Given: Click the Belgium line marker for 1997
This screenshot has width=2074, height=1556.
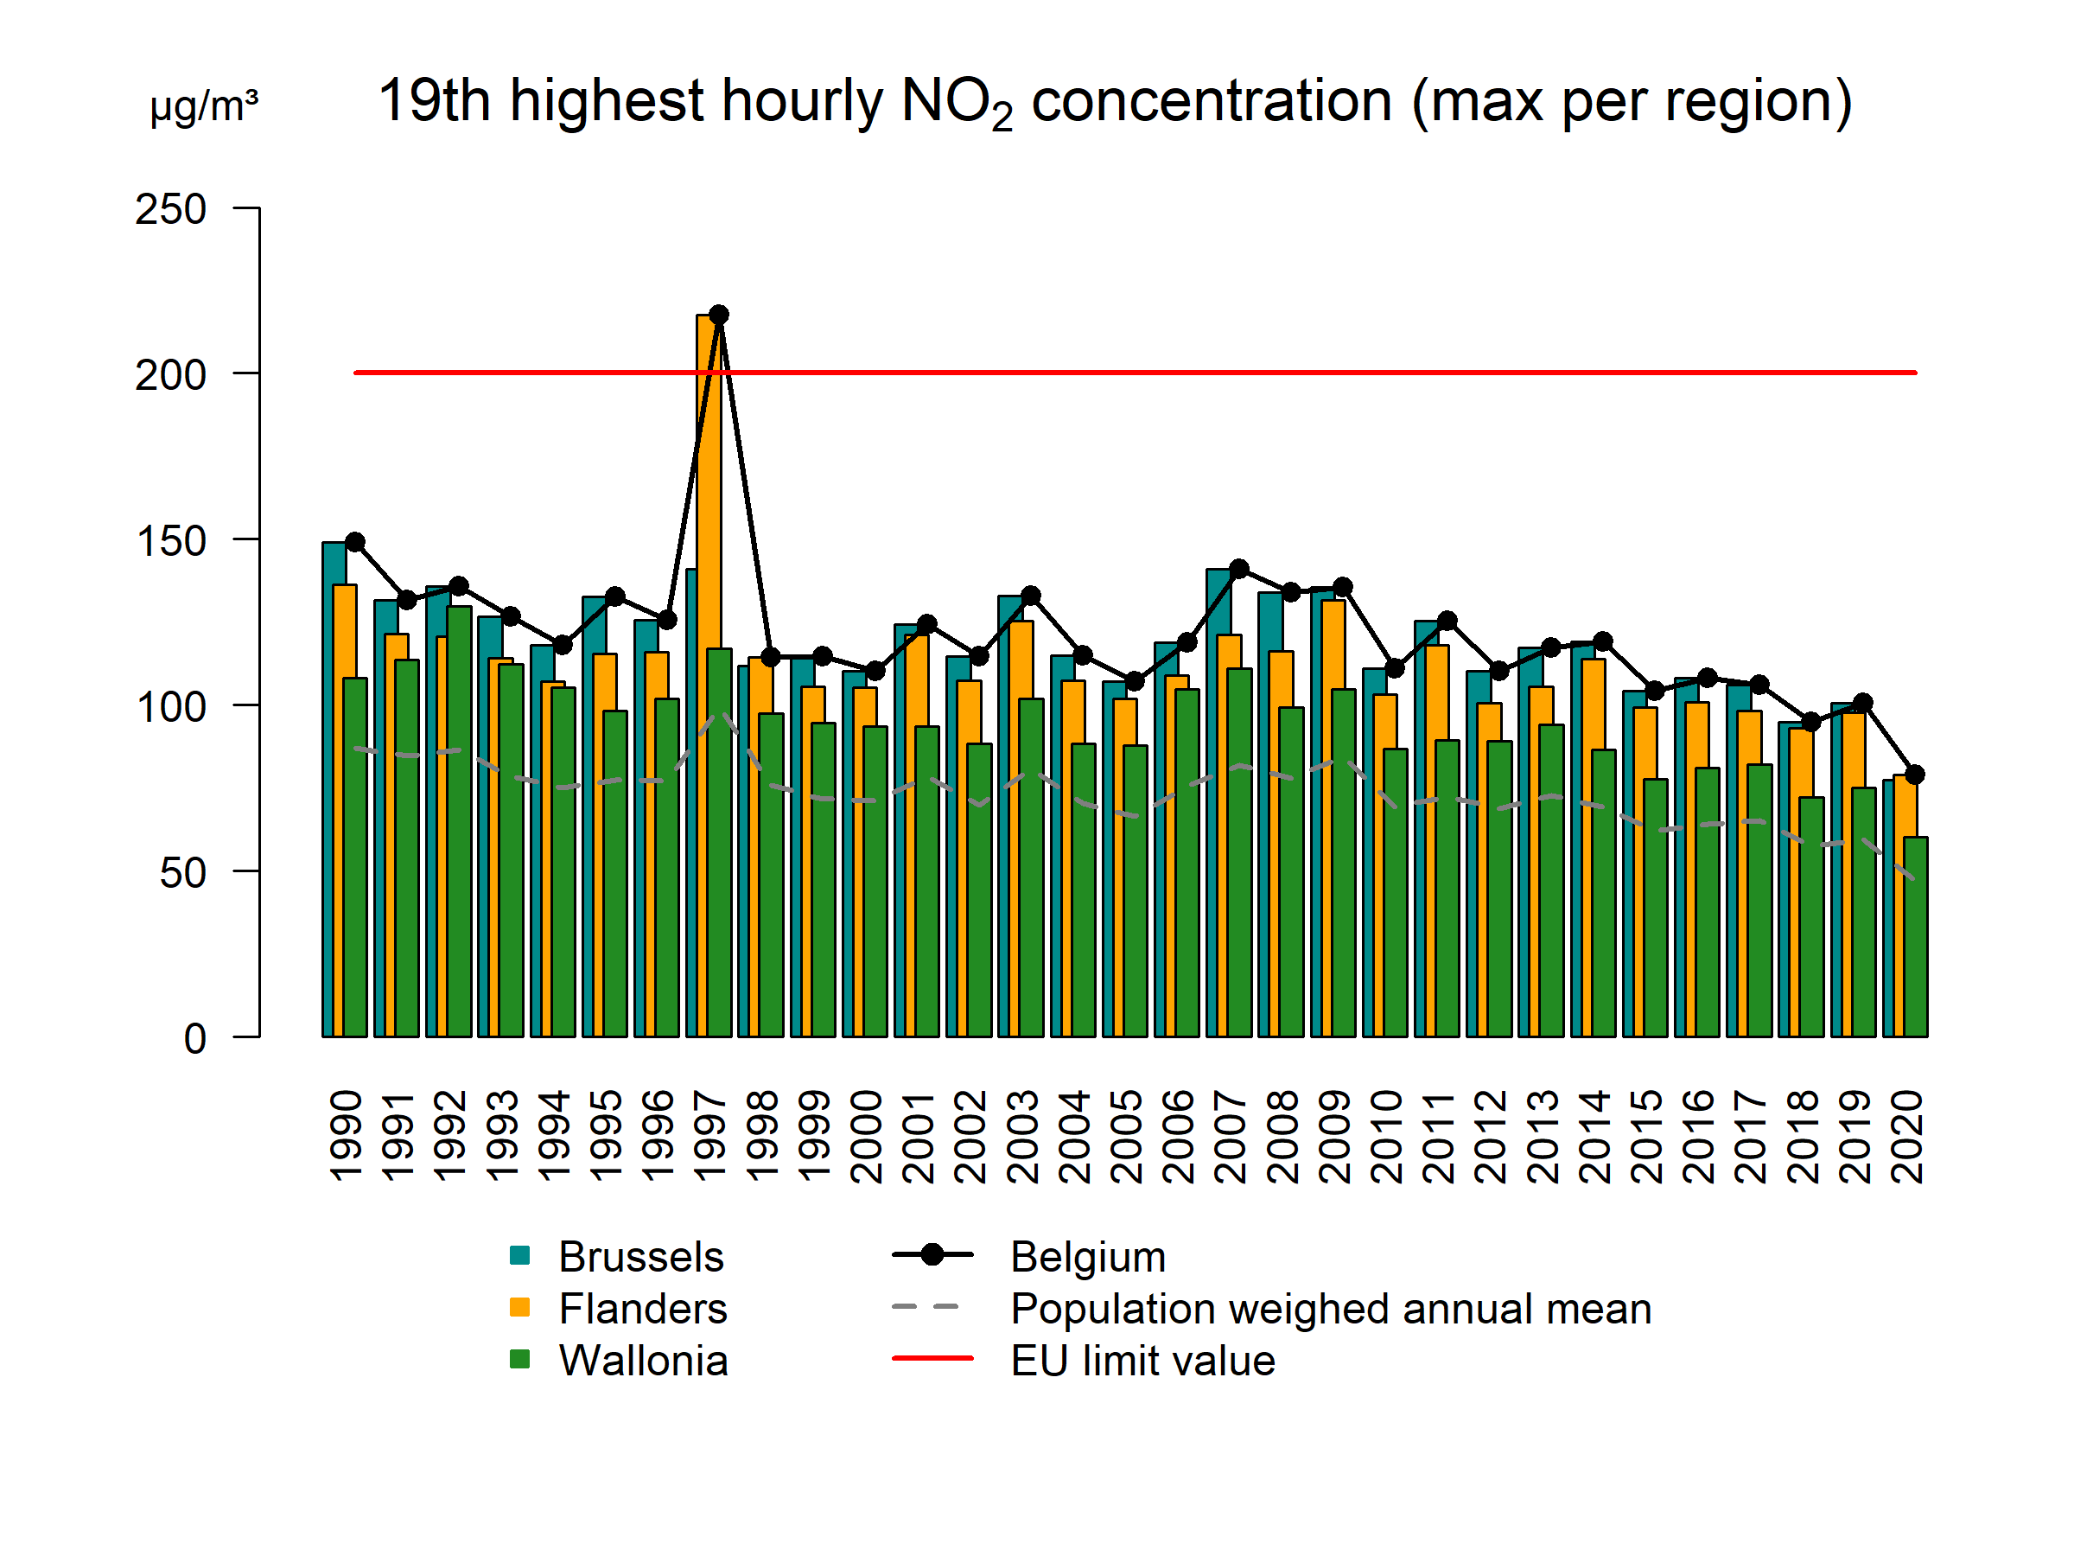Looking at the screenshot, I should coord(719,314).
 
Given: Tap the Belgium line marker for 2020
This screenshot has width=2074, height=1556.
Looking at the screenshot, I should coord(1916,775).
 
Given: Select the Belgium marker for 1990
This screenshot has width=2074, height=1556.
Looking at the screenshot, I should coord(355,542).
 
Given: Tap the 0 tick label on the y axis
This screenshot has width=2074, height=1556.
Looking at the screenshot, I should coord(195,1039).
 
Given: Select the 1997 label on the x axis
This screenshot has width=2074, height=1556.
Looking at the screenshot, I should coord(709,1136).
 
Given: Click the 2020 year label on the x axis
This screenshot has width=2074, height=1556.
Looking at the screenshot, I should coord(1907,1136).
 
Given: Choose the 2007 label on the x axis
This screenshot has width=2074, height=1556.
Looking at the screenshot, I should coord(1231,1136).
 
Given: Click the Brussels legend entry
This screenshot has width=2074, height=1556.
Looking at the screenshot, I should coord(641,1257).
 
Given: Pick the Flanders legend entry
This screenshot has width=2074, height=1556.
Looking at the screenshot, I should coord(643,1309).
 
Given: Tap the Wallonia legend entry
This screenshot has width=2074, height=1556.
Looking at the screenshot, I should coord(643,1360).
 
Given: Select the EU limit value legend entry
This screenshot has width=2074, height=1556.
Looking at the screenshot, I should coord(1143,1360).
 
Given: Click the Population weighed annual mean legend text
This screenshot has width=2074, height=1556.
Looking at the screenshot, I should coord(1331,1309).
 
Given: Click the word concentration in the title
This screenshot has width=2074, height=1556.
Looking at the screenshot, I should coord(1212,100).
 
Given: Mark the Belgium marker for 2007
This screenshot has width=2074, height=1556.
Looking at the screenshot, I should coord(1238,569).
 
